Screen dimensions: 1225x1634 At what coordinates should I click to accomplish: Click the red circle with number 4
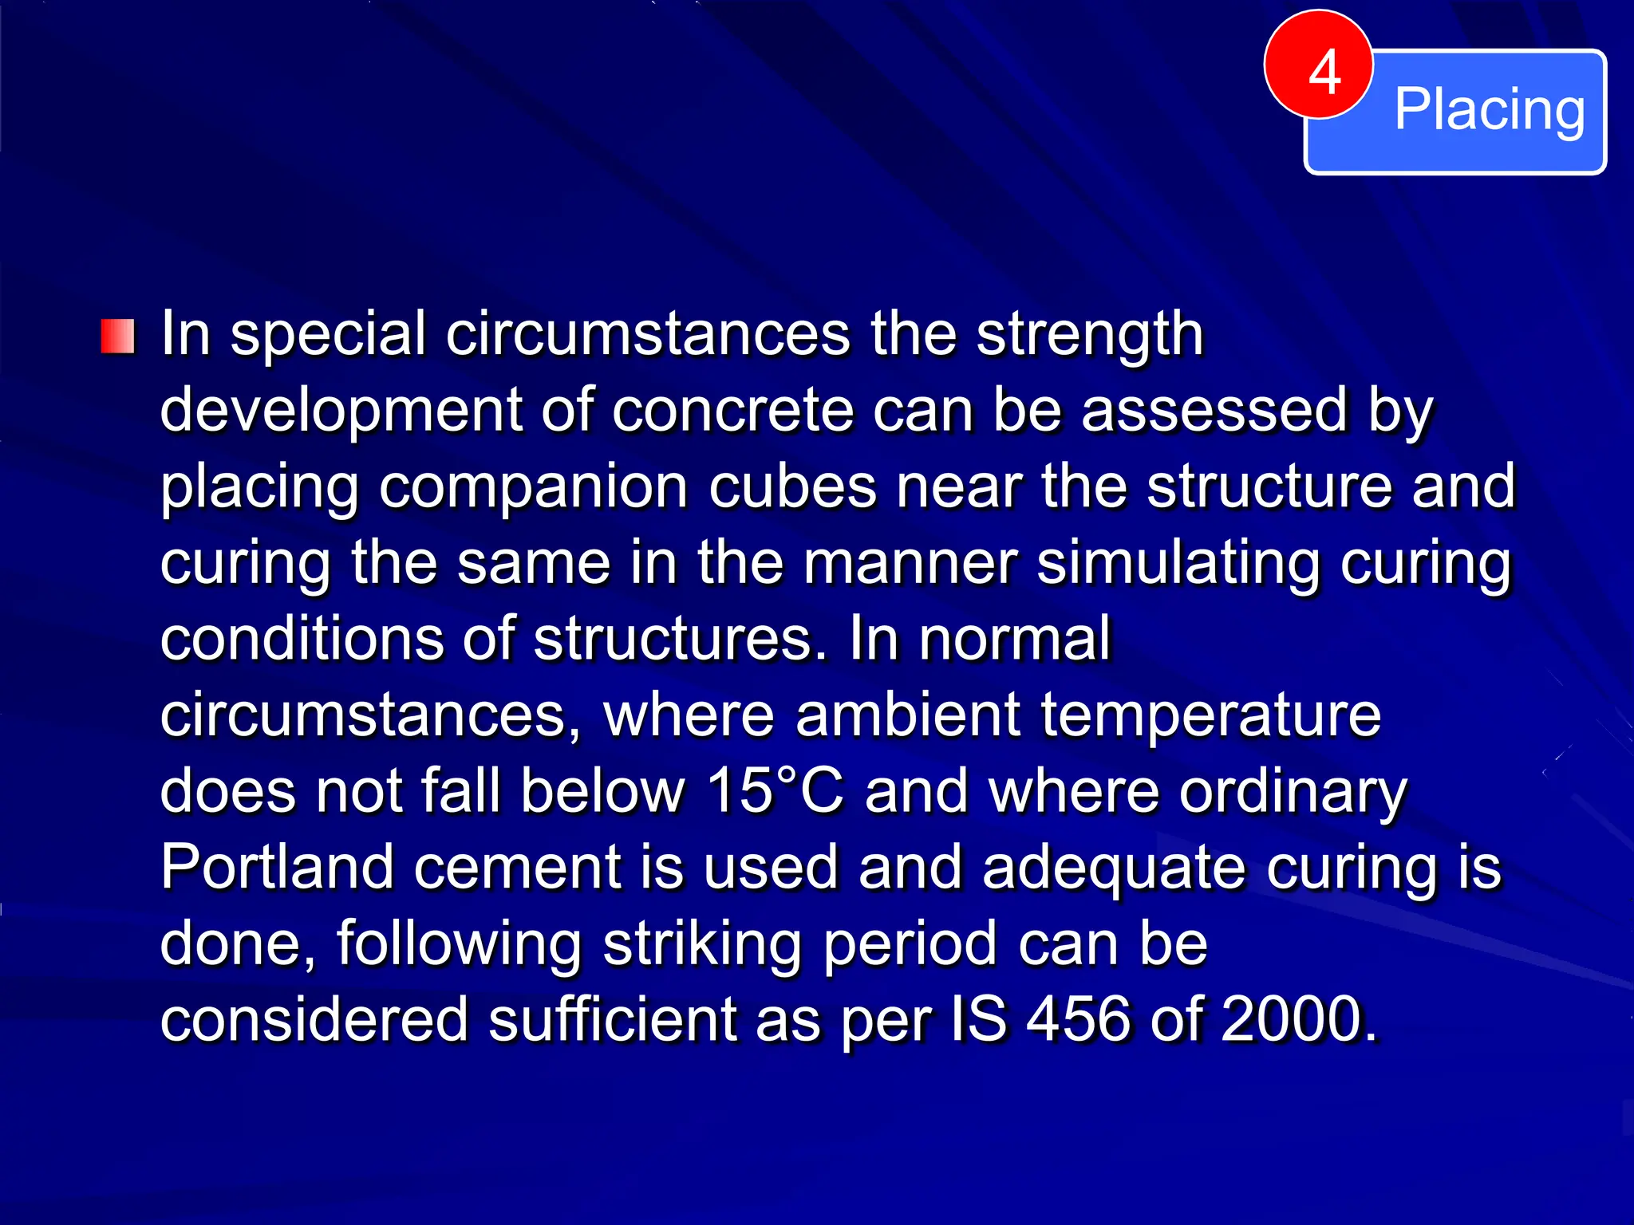[x=1318, y=65]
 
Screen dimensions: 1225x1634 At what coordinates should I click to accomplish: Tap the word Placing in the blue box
[x=1489, y=110]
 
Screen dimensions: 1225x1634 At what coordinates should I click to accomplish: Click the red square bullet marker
[x=118, y=337]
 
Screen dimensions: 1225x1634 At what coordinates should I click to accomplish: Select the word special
[x=328, y=335]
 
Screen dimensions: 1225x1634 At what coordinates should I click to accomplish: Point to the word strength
[x=1089, y=335]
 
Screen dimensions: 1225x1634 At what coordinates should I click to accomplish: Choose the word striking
[x=702, y=945]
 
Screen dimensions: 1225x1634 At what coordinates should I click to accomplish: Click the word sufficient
[x=613, y=1021]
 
